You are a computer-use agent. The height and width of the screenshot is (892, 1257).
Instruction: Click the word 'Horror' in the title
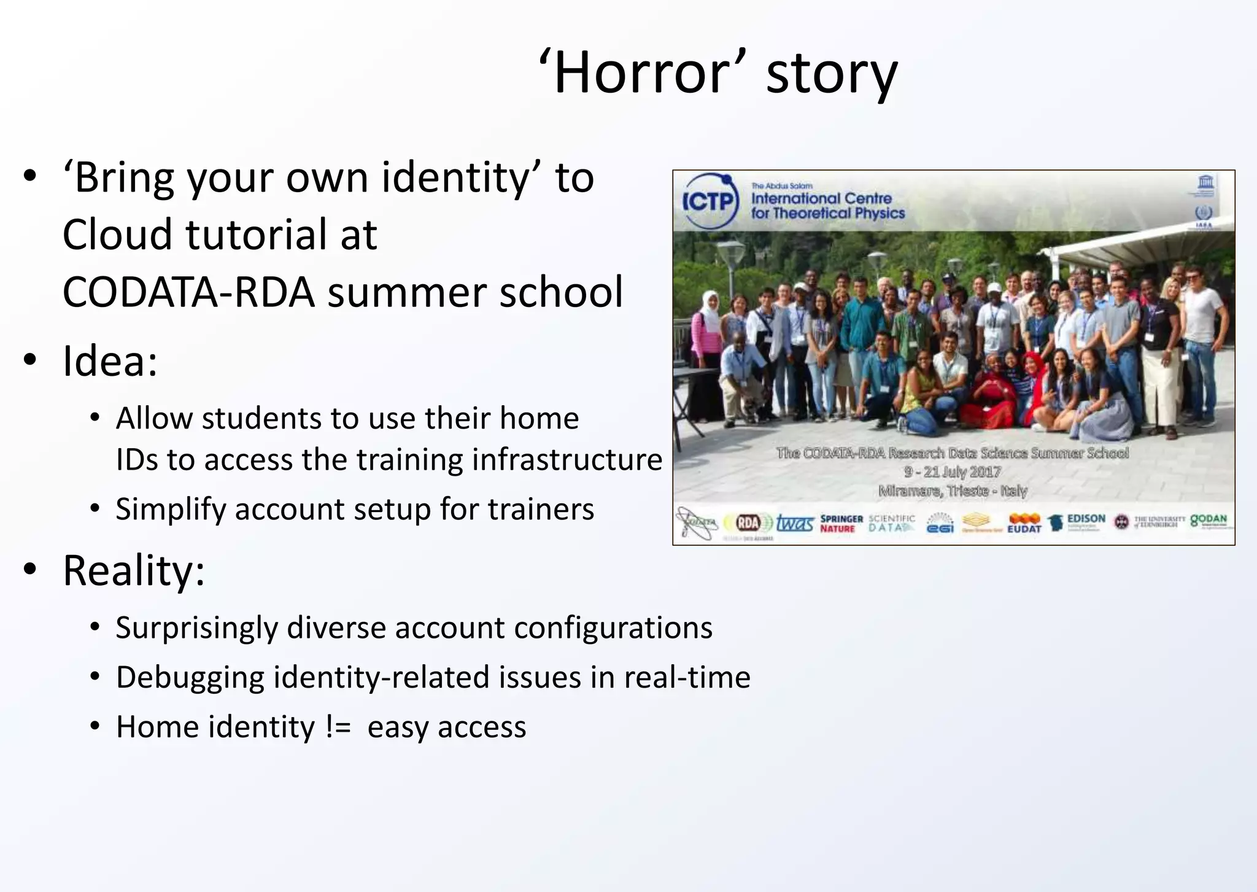[642, 72]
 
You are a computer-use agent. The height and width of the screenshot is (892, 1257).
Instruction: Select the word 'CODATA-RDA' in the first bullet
[188, 292]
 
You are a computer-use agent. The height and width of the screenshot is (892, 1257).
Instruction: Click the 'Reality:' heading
[134, 571]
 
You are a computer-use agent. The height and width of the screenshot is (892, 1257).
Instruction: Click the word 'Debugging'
[190, 678]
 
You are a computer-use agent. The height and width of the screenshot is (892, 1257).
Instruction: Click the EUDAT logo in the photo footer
[1024, 523]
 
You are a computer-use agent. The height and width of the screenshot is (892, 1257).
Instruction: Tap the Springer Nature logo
[841, 523]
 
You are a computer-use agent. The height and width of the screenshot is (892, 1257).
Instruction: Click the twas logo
[794, 523]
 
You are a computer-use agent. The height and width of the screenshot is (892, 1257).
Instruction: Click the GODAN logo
[1209, 521]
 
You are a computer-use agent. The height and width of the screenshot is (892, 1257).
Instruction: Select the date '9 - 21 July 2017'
[952, 471]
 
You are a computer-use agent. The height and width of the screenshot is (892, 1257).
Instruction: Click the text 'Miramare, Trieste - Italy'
[952, 491]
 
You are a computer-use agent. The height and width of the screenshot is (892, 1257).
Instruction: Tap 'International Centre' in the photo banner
[821, 198]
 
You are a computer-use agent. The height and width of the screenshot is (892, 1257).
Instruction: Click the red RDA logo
[748, 523]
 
